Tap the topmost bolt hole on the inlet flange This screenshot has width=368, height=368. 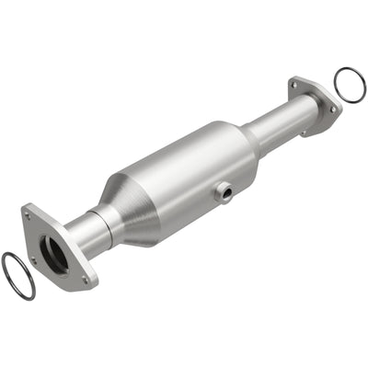(x=29, y=217)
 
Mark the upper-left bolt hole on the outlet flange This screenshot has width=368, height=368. (x=295, y=86)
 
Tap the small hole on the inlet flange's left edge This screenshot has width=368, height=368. (x=31, y=260)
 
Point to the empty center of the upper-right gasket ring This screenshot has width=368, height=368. (x=349, y=84)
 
